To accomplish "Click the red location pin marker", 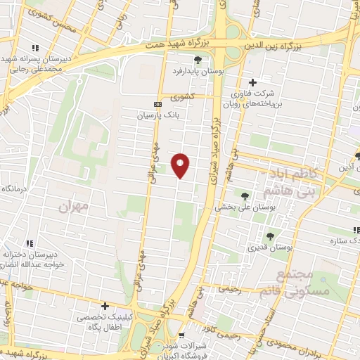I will tap(181, 165).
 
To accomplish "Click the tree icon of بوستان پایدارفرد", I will tap(198, 60).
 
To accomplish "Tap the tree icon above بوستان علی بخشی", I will tap(245, 196).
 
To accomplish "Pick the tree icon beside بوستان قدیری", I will tap(271, 236).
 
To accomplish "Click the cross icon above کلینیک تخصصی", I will tap(105, 307).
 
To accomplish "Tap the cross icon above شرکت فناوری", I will tap(252, 83).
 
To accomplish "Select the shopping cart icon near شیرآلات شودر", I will tap(182, 335).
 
